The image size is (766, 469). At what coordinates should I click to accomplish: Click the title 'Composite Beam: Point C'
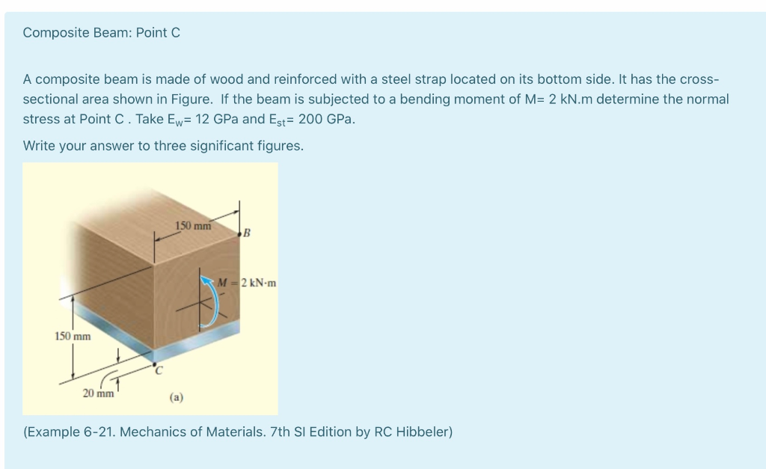[101, 33]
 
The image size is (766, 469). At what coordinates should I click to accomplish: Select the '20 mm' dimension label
[98, 393]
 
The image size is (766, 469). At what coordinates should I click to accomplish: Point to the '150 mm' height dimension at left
[72, 336]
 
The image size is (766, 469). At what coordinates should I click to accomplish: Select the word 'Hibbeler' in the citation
[427, 432]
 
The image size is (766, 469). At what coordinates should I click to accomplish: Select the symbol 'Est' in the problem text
[283, 119]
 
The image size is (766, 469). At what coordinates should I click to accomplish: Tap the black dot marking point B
[240, 236]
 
